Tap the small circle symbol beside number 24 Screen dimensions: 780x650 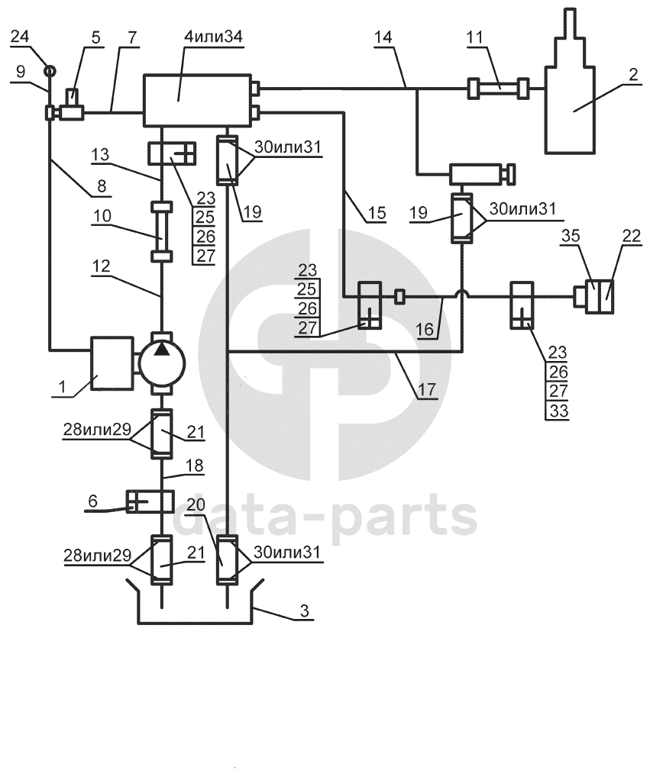point(50,71)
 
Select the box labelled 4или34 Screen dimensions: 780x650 point(198,99)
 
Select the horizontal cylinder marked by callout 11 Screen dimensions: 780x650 point(500,89)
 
